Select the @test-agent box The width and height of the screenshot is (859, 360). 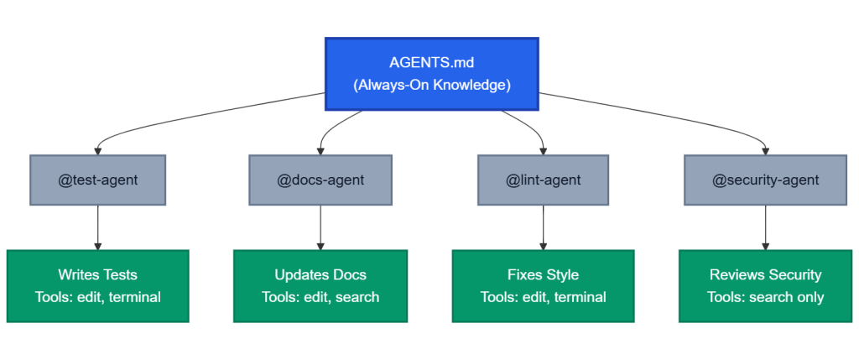click(97, 180)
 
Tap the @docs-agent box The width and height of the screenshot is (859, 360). click(320, 180)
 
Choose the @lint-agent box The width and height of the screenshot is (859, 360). click(543, 180)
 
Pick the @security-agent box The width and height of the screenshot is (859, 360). click(765, 180)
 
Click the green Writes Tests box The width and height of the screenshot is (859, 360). click(97, 285)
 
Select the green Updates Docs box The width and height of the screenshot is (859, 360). click(320, 285)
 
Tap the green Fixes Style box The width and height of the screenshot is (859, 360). click(543, 285)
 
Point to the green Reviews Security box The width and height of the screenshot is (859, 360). click(765, 285)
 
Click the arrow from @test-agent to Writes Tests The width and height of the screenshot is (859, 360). click(97, 227)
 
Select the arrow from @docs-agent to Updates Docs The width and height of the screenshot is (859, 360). click(320, 227)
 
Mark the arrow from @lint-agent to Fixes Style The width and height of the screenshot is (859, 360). click(543, 227)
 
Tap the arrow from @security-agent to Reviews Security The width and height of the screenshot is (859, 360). click(765, 227)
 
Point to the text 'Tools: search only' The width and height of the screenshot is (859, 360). click(765, 297)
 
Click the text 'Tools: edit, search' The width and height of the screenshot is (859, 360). click(320, 297)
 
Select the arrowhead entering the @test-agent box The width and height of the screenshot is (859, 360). click(97, 150)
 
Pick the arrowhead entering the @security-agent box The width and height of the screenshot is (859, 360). click(765, 150)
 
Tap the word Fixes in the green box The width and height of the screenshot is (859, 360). click(525, 274)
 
